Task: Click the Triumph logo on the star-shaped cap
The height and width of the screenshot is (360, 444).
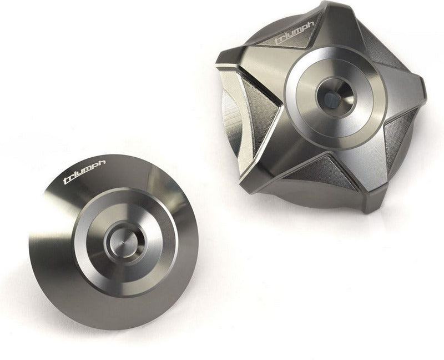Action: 295,33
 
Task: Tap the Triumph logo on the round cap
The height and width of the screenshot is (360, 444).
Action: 84,172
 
